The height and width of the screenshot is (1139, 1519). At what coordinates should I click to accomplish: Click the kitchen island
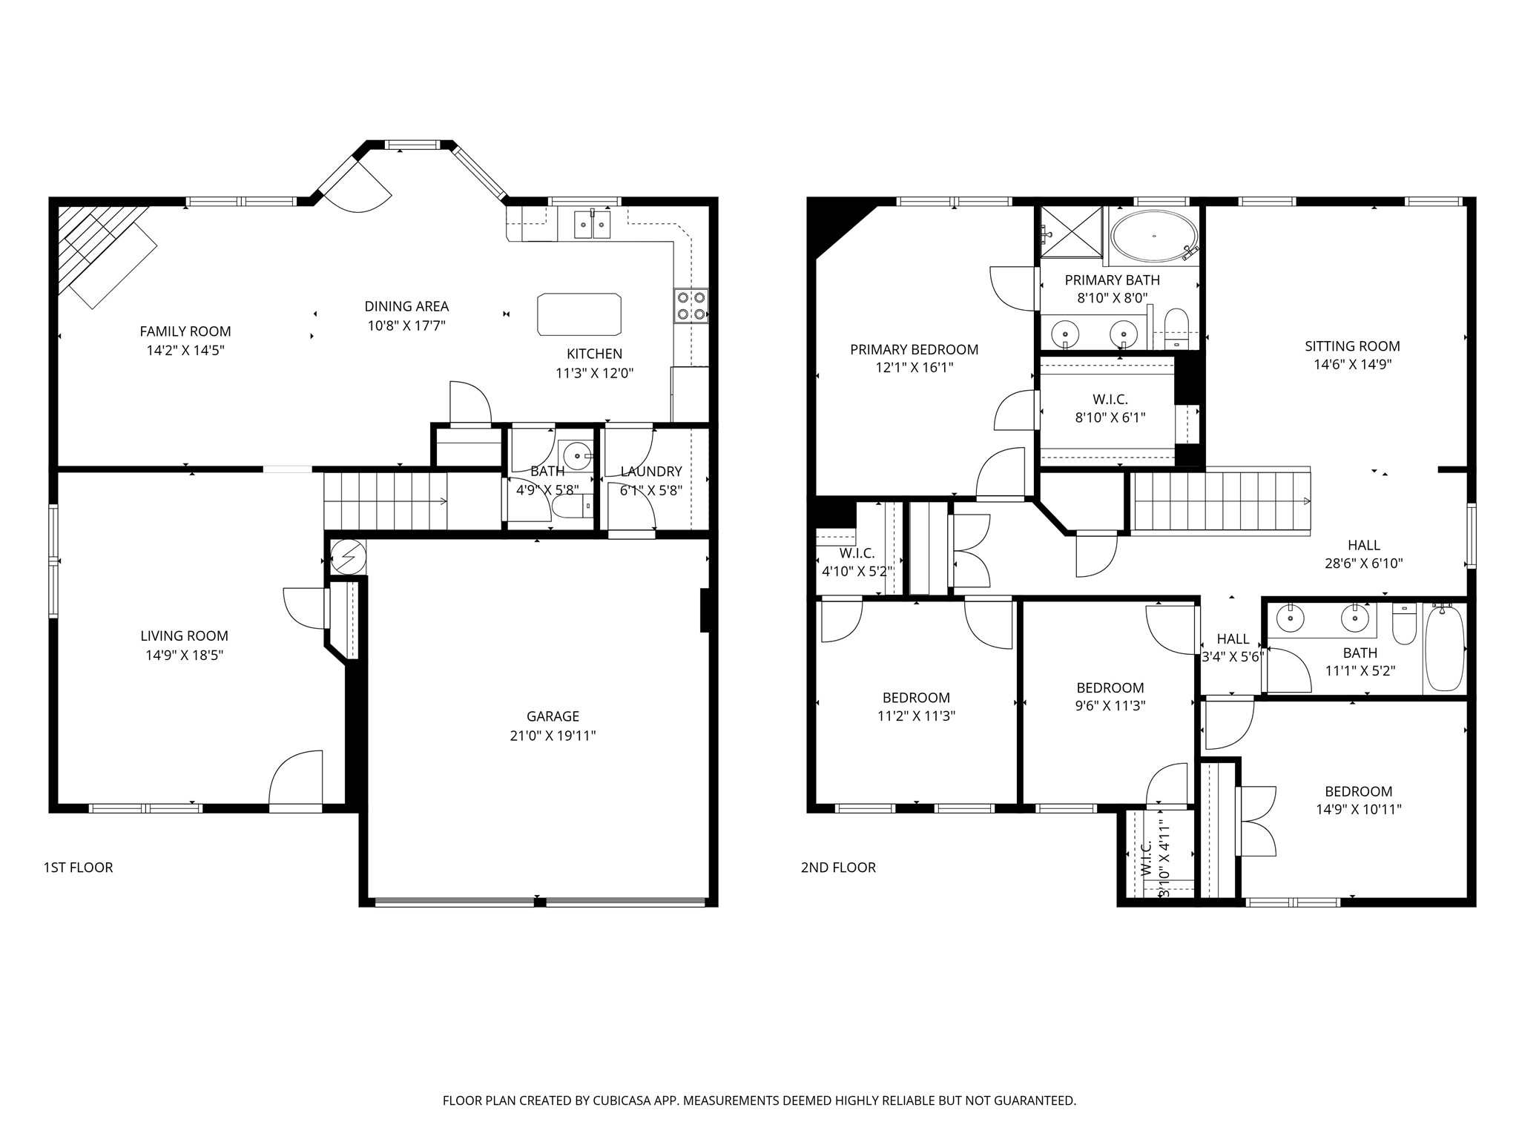[x=579, y=314]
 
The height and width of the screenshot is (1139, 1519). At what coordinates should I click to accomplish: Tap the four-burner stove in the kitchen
[x=691, y=306]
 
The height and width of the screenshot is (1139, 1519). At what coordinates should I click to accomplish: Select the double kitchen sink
[x=593, y=224]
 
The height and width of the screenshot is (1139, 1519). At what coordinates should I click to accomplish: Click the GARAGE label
[x=553, y=716]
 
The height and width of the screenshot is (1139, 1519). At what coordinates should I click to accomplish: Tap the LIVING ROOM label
[x=185, y=635]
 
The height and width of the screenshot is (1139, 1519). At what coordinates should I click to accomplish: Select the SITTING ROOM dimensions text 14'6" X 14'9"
[x=1353, y=364]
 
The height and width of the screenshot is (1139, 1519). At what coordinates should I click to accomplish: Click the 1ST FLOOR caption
[x=78, y=868]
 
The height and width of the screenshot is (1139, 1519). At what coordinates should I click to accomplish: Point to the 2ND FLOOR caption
[x=838, y=868]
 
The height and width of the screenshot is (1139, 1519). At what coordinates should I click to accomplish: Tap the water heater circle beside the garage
[x=348, y=555]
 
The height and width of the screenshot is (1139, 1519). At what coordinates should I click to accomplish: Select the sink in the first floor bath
[x=576, y=455]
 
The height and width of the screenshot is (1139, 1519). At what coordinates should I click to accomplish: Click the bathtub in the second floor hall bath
[x=1444, y=649]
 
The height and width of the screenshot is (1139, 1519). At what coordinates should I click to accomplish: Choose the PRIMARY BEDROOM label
[x=914, y=349]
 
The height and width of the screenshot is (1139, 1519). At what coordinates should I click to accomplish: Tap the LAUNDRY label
[x=651, y=472]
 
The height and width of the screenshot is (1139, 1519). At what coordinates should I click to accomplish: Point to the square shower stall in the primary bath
[x=1072, y=231]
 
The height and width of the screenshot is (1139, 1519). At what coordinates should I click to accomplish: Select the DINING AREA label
[x=406, y=306]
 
